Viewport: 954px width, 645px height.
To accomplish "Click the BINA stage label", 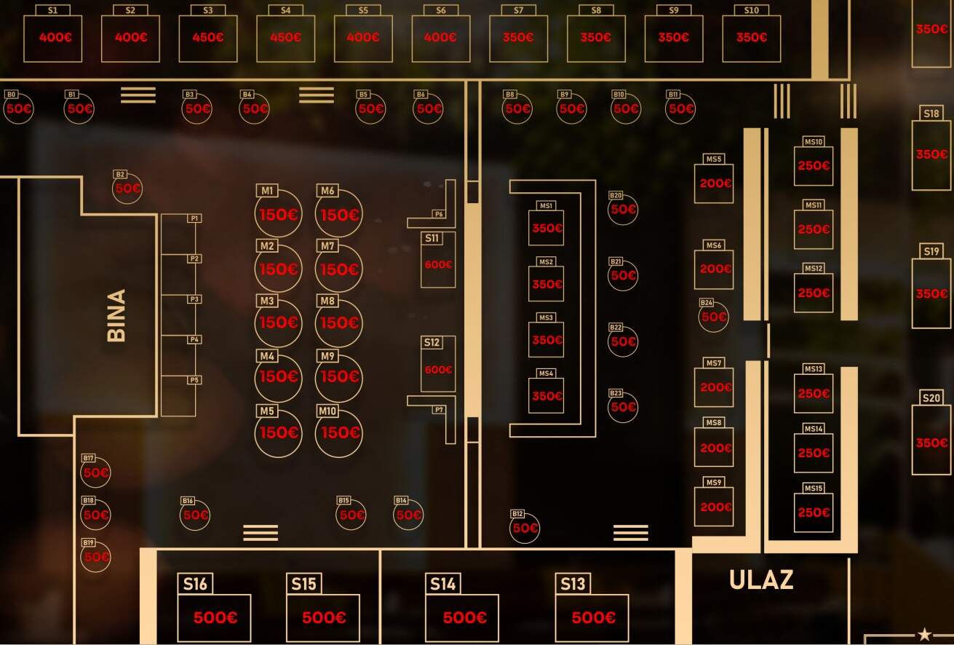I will click(116, 315).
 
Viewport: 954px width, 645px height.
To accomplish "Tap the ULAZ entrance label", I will click(761, 580).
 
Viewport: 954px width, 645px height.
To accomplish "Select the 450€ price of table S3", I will click(208, 37).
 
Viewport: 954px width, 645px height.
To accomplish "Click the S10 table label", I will click(752, 10).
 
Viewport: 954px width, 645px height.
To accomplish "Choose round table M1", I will click(279, 213).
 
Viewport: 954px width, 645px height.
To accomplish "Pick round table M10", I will click(338, 432).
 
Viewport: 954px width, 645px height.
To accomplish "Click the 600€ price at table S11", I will click(438, 264).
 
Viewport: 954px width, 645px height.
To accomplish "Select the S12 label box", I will click(432, 342).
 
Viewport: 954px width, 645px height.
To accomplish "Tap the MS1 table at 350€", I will click(546, 228).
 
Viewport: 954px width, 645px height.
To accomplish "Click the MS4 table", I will click(546, 396).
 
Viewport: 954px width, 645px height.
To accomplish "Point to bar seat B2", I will click(127, 189).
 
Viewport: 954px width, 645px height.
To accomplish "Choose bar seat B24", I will click(713, 317).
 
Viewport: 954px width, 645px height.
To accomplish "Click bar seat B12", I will click(525, 528).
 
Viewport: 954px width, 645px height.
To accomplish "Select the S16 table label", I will click(195, 584).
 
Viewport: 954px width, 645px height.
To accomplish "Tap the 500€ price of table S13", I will click(593, 618).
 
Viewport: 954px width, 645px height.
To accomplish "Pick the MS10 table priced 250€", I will click(814, 165).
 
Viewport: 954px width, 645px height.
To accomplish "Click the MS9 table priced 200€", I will click(714, 507).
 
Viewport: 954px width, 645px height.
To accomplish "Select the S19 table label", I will click(931, 251).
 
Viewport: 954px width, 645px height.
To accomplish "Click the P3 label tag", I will click(194, 299).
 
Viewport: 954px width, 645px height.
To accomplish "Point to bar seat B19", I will click(96, 556).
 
